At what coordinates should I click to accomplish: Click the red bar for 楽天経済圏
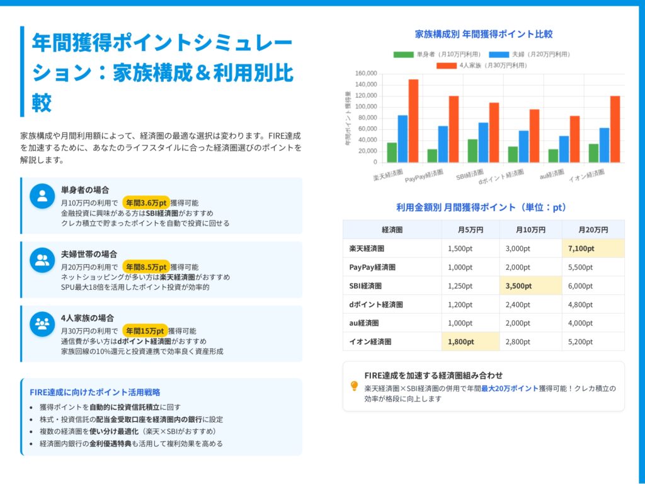(x=413, y=120)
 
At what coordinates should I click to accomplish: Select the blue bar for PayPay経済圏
(x=443, y=144)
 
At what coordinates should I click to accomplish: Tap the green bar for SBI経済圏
(x=472, y=151)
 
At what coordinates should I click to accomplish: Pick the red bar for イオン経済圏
(x=615, y=129)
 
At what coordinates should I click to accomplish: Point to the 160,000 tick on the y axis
(x=366, y=73)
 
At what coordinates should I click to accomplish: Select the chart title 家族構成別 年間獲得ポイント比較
(x=483, y=34)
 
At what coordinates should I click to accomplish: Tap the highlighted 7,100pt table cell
(x=592, y=248)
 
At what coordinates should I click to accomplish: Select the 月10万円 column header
(x=530, y=229)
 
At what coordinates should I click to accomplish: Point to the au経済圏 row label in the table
(x=364, y=323)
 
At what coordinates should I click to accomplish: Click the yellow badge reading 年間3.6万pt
(x=146, y=203)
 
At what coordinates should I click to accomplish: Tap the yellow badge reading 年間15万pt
(x=145, y=331)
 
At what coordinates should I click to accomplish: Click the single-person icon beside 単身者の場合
(x=42, y=195)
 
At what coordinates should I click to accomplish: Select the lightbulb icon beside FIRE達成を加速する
(x=354, y=386)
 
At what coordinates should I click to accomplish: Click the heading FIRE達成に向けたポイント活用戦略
(x=94, y=392)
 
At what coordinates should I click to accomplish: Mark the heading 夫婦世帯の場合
(x=89, y=254)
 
